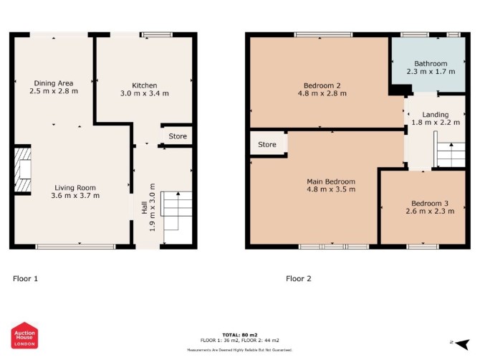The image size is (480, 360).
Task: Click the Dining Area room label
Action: coord(54,83)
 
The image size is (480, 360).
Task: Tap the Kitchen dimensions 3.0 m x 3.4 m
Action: coord(145,93)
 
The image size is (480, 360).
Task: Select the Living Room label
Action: coord(75,187)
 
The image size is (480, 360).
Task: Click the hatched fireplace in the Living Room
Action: coord(23,169)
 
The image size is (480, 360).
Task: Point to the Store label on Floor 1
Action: coord(178,136)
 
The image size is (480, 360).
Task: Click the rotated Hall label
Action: coord(145,207)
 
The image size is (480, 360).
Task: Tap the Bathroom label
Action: coord(431,64)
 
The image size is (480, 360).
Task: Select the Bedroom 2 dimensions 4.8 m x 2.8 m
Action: coord(322,93)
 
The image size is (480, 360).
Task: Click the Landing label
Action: coord(436,115)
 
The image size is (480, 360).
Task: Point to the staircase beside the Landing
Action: coord(450,155)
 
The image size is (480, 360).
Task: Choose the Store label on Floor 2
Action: coord(267,145)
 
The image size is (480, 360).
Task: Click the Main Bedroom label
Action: coord(331,181)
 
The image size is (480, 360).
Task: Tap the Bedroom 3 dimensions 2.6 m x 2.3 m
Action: coord(430,211)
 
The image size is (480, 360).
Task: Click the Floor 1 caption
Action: coord(25,278)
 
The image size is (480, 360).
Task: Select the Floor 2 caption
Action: coord(299,278)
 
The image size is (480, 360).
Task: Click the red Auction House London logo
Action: coord(24,336)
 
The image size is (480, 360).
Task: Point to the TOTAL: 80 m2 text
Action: coord(240,335)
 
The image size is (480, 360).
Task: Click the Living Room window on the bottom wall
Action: coord(75,247)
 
